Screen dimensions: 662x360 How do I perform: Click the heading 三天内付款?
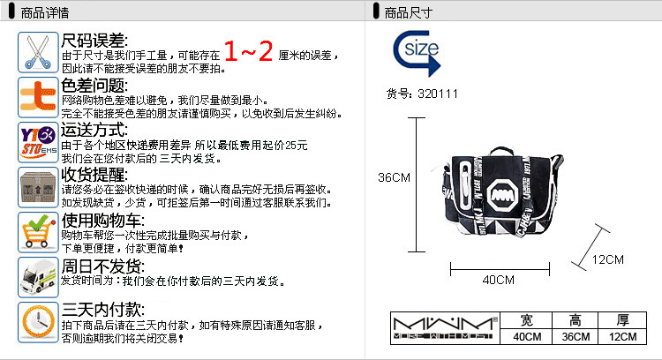(x=102, y=310)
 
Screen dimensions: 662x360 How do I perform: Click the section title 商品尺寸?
(x=409, y=11)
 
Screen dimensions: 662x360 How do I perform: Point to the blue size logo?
(x=415, y=53)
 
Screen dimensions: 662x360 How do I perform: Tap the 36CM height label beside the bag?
(x=395, y=177)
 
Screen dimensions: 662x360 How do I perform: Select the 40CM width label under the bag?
(x=498, y=280)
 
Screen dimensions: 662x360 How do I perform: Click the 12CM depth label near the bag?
(x=608, y=259)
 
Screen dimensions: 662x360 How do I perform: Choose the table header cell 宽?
(x=527, y=319)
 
